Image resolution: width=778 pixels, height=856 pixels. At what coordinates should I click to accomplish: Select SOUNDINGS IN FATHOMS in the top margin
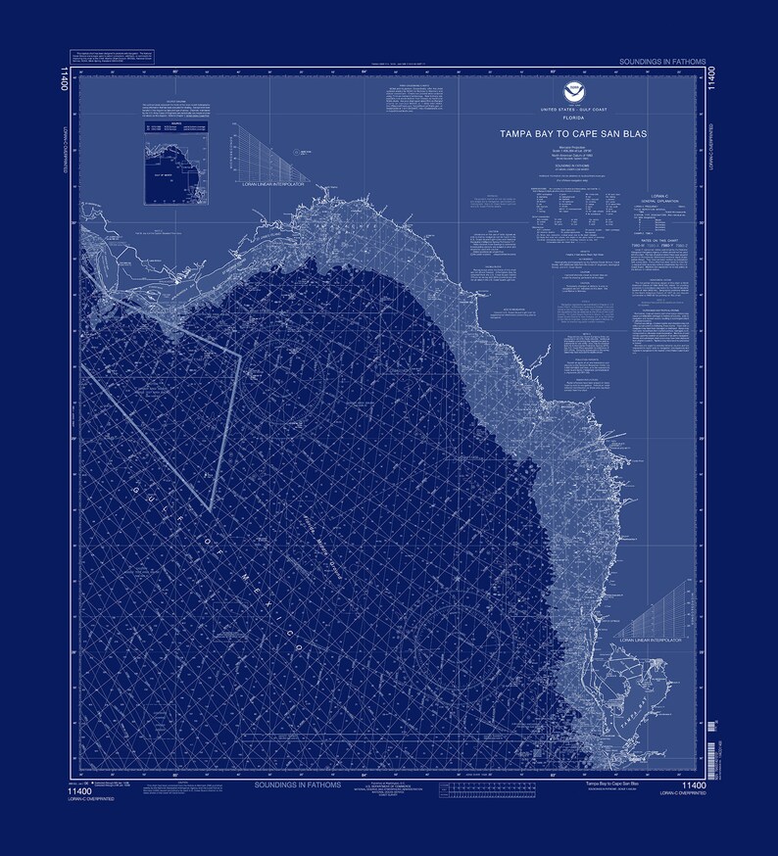click(x=661, y=62)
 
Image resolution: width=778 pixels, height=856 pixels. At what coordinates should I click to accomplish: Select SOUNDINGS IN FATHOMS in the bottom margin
click(x=296, y=785)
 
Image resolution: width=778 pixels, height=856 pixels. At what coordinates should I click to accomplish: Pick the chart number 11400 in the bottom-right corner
click(x=694, y=785)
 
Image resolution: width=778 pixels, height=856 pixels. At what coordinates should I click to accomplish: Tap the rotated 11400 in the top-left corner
click(x=64, y=77)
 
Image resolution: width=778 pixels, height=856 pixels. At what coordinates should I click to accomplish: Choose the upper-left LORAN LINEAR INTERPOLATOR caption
click(x=268, y=183)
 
